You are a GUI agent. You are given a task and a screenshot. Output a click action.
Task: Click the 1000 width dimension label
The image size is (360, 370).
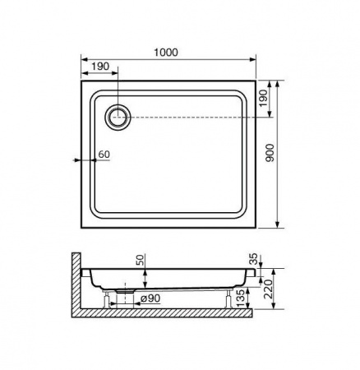click(166, 52)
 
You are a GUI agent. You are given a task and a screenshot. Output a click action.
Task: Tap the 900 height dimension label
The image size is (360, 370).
click(270, 153)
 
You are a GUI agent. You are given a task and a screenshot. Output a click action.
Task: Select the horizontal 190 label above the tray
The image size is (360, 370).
click(100, 67)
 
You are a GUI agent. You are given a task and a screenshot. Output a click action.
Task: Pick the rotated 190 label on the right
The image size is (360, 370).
click(263, 99)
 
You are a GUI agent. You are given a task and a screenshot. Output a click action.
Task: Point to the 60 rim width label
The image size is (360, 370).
click(104, 155)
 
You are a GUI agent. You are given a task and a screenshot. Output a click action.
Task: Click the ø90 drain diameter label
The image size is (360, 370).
click(150, 298)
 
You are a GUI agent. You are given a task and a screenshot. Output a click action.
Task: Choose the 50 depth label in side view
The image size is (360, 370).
click(140, 261)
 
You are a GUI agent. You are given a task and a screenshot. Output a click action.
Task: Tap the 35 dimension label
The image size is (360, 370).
click(254, 259)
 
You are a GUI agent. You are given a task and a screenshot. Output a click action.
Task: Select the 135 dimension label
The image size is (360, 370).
click(240, 298)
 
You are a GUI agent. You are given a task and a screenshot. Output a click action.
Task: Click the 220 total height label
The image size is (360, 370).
click(269, 289)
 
